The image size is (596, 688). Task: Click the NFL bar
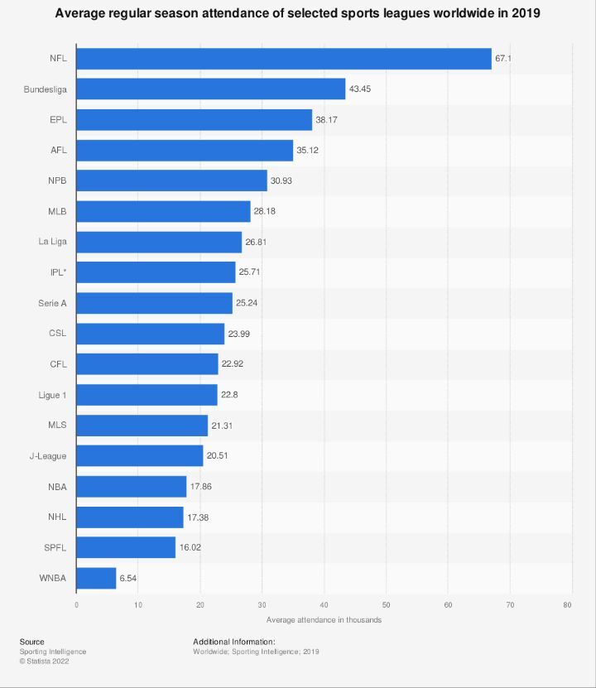coord(283,59)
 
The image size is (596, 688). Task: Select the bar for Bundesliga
coord(210,89)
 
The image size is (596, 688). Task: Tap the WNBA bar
coord(96,578)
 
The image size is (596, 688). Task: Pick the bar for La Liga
coord(159,242)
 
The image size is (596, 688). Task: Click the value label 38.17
coord(327,120)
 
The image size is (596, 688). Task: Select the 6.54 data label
coord(128,578)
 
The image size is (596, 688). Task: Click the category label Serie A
coord(52,303)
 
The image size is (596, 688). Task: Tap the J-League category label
coord(47,455)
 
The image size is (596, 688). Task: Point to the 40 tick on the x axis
coord(324,605)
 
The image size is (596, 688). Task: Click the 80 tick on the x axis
coord(568,605)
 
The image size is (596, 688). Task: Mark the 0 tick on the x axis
coord(76,605)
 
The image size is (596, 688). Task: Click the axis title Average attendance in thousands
coord(324,620)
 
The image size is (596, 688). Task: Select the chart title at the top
coord(298,14)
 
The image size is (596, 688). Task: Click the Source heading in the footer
coord(32,642)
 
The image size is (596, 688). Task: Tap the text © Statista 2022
coord(44,661)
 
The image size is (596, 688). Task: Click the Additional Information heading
coord(233,642)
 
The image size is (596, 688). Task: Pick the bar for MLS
coord(142,426)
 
